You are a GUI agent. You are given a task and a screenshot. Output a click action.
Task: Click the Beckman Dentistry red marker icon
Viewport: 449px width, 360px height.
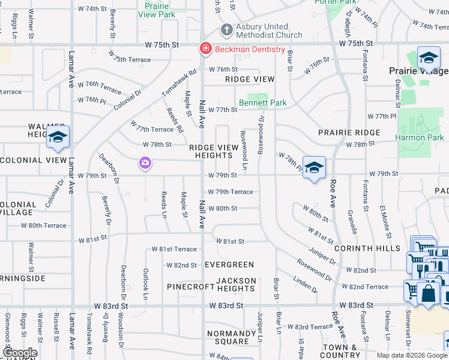coord(205,48)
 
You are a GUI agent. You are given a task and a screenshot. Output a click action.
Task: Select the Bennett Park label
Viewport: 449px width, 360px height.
coord(263,103)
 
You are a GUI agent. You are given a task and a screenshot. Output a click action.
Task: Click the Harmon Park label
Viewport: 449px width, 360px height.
coord(419,137)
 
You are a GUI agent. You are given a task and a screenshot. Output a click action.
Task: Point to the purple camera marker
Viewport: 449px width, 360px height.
coord(145,163)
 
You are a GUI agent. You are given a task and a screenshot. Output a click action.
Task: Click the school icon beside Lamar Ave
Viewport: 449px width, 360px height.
coord(58,138)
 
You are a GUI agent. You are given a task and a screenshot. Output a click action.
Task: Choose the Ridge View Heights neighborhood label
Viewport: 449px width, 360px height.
coord(214,151)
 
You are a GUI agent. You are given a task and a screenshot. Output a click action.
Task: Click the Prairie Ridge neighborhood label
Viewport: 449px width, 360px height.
coord(349,133)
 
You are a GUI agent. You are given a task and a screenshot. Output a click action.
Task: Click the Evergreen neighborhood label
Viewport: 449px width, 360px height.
coord(229,265)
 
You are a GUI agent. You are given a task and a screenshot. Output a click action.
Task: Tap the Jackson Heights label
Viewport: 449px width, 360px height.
coord(236,284)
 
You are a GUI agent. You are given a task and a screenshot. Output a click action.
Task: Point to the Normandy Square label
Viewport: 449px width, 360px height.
coord(231,337)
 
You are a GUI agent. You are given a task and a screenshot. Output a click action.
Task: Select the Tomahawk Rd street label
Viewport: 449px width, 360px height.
coord(179,83)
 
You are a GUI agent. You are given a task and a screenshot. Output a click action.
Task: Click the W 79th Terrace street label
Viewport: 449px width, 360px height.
coord(231,192)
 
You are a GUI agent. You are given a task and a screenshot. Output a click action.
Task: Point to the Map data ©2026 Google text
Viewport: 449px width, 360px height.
coord(411,355)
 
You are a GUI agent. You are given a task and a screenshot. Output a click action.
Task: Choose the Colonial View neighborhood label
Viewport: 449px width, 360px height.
coord(33,160)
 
